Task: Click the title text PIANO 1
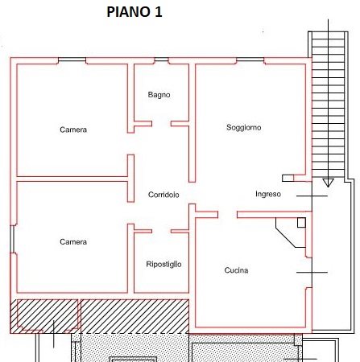[134, 12]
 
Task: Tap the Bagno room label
[159, 95]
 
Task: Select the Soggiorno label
[244, 127]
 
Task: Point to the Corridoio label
[163, 195]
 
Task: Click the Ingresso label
[268, 194]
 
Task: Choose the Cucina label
[236, 270]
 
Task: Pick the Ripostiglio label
[163, 265]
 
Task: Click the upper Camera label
[73, 130]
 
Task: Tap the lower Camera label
[73, 242]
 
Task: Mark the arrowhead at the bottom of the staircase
[328, 183]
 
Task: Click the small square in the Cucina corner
[301, 223]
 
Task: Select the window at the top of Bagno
[161, 60]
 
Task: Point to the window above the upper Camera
[72, 60]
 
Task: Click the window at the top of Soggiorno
[250, 60]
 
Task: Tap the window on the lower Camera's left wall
[13, 239]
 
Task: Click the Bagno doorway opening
[161, 124]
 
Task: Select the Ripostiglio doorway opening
[161, 231]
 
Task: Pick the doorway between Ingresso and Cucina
[227, 215]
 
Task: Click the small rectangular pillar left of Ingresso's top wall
[288, 178]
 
